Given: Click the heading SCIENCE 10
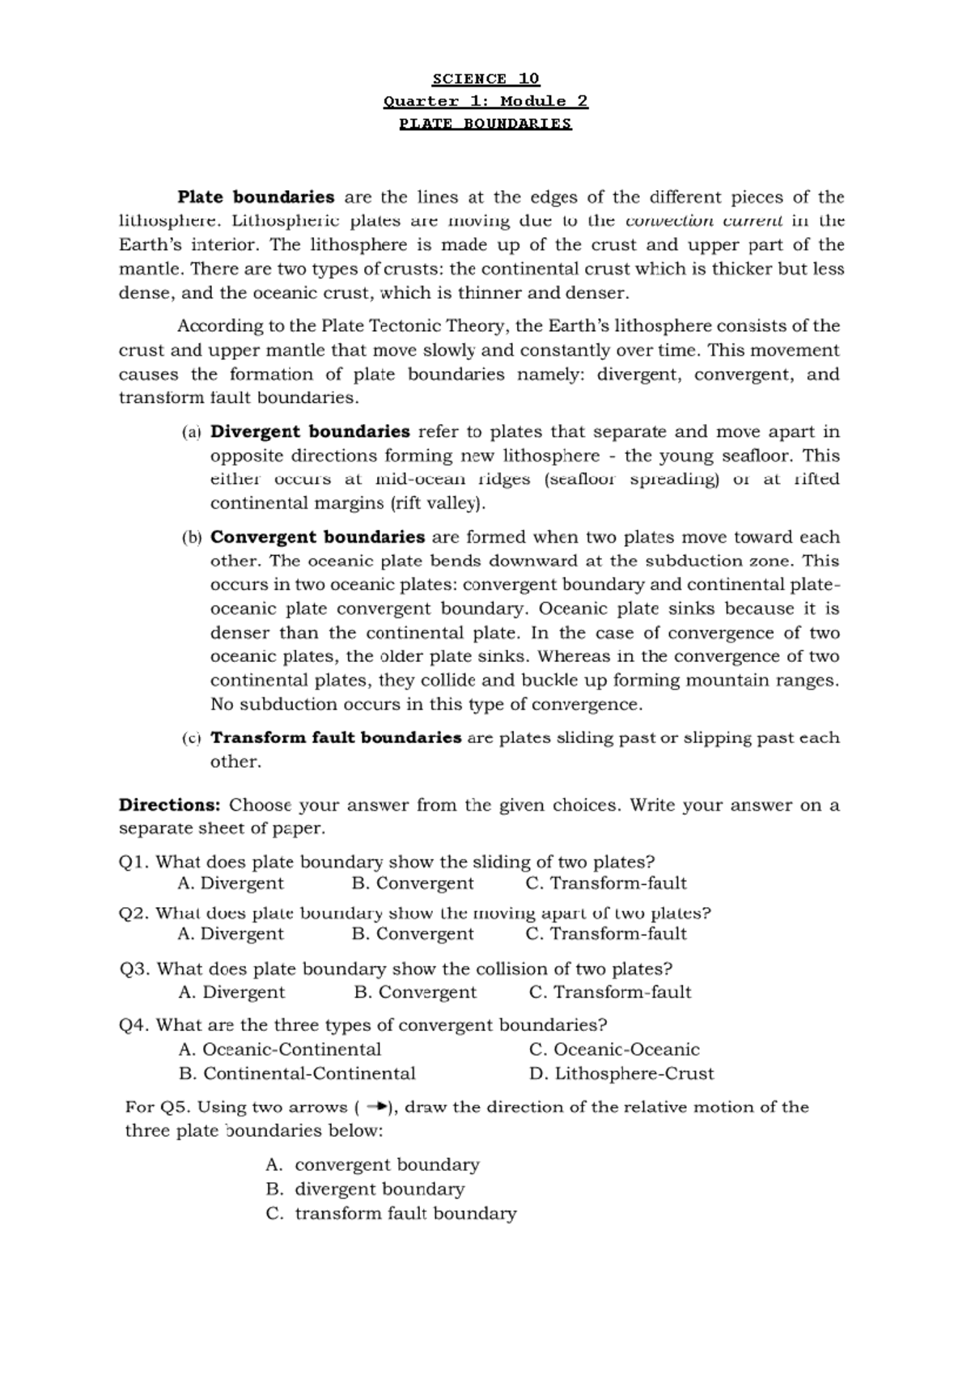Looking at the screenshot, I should coord(485,78).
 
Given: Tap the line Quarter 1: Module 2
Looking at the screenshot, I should coord(485,101).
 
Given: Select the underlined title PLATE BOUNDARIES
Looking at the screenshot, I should coord(485,124).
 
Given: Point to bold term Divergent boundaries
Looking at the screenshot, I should coord(310,431).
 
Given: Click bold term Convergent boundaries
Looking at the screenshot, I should coord(317,537).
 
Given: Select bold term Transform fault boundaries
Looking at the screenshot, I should coord(336,738).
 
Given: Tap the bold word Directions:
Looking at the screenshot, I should coord(169,805).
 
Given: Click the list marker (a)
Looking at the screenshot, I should coord(191,432).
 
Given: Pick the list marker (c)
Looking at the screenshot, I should coord(191,739).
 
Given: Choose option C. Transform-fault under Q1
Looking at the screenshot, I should coord(605,884).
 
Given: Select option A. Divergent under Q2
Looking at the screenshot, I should coord(231,934).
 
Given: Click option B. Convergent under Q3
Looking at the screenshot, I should coord(415,992).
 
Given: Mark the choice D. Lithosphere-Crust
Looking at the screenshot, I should coord(621,1074).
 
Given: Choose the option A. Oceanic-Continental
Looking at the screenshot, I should coord(279,1050).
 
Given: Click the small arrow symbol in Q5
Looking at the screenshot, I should coord(376,1107).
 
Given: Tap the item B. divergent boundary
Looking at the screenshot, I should coord(365,1190).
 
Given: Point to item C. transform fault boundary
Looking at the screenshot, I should coord(391,1214).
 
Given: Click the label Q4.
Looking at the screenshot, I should coord(134,1025).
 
